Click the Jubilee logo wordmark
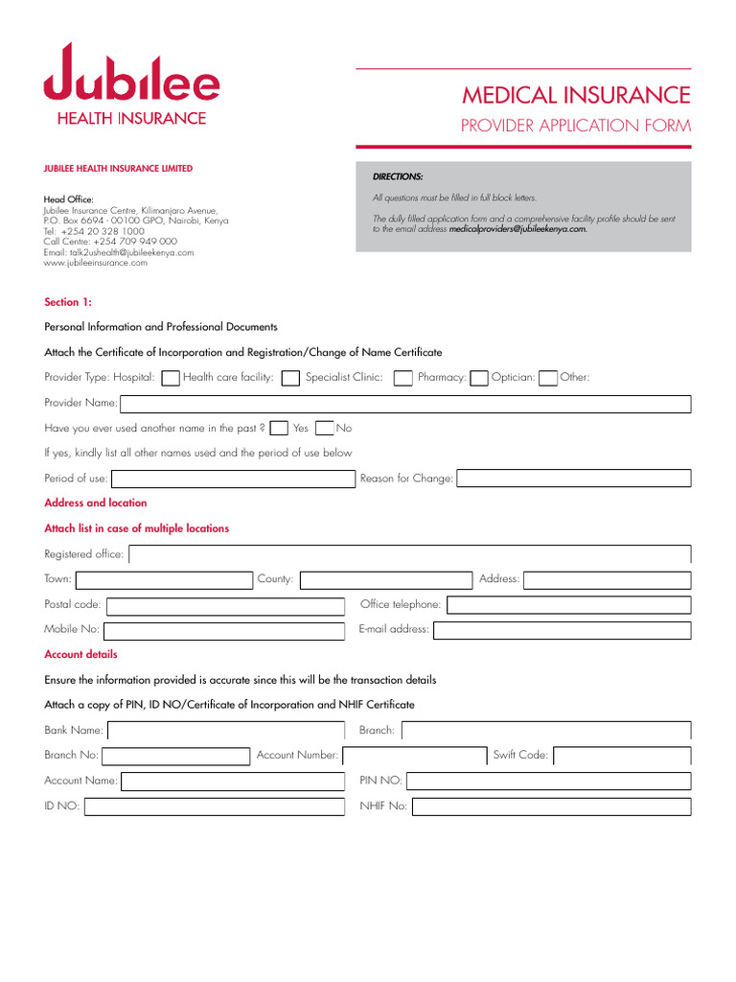click(x=131, y=75)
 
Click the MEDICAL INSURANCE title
click(x=575, y=95)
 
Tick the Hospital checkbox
click(x=170, y=378)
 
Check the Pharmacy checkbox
click(x=479, y=378)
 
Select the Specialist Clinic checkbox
click(x=403, y=378)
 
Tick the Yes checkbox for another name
click(x=279, y=428)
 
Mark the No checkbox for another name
click(x=325, y=428)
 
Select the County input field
click(x=386, y=579)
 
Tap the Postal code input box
click(x=224, y=605)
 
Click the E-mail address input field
click(x=562, y=630)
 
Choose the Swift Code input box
click(x=621, y=756)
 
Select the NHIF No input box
click(x=551, y=807)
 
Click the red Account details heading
click(x=81, y=654)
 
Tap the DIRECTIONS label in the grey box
click(x=398, y=176)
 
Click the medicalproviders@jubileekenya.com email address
click(x=517, y=229)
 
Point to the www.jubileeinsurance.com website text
click(x=96, y=263)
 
